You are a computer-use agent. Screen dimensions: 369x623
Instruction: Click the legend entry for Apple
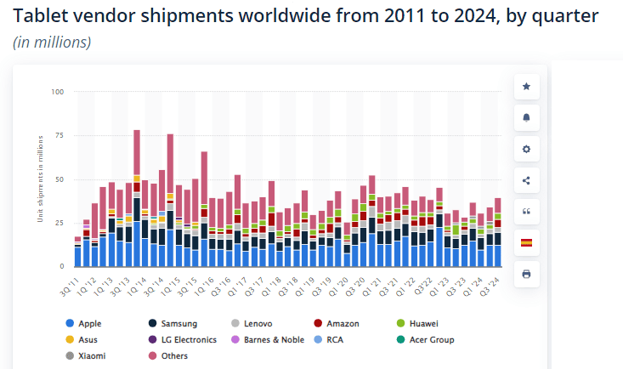point(89,324)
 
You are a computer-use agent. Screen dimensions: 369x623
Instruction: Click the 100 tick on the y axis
point(58,92)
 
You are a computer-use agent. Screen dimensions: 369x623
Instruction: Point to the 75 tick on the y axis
point(59,135)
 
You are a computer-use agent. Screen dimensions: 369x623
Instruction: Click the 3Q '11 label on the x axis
point(71,281)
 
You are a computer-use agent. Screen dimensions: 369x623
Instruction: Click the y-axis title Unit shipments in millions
point(41,179)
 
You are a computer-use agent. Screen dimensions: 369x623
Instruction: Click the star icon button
point(526,86)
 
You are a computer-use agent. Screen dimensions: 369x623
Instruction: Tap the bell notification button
point(526,117)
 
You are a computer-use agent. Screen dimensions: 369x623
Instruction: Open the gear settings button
point(526,149)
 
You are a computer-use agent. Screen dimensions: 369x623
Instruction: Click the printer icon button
point(526,274)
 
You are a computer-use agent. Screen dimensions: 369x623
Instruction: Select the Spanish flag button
point(526,242)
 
